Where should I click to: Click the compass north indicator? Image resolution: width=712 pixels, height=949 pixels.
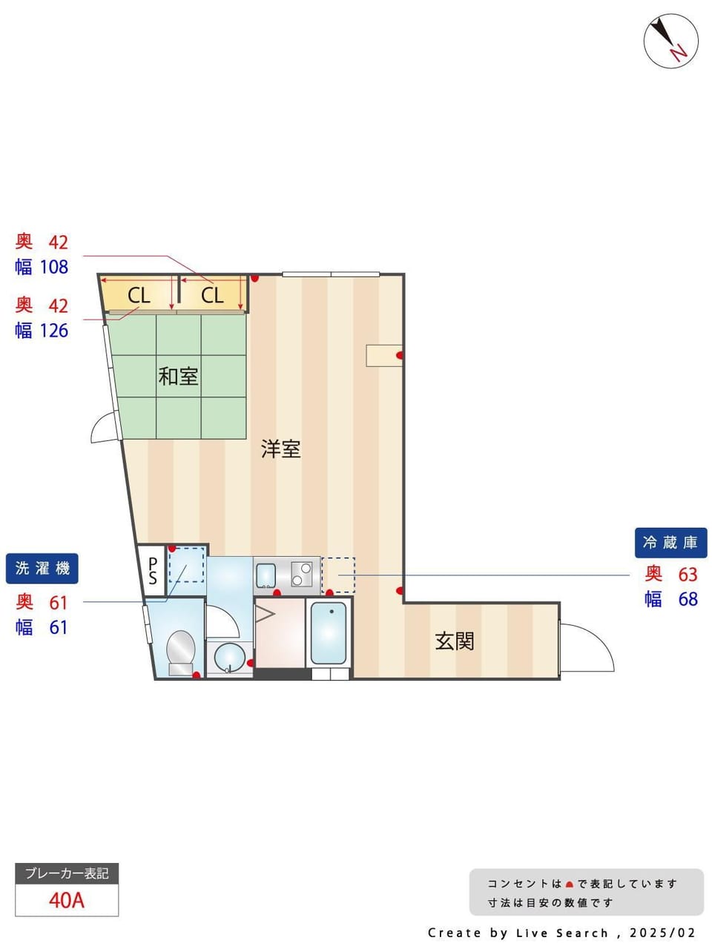[x=670, y=41]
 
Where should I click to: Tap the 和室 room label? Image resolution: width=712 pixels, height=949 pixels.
[x=178, y=376]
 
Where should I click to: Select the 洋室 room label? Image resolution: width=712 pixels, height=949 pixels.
[x=280, y=449]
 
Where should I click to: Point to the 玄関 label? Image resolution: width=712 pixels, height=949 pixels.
[x=455, y=641]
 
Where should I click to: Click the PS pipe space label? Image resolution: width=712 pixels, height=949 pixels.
[x=153, y=571]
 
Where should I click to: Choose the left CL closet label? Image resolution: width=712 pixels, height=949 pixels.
[x=139, y=296]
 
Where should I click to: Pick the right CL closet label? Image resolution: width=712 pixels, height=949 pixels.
[x=212, y=296]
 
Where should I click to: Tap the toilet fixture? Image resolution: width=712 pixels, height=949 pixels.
[x=181, y=652]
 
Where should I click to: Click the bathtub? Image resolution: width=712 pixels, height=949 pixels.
[x=329, y=633]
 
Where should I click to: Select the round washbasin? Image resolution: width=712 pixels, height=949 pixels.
[x=230, y=657]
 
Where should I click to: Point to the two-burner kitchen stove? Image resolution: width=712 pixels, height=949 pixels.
[x=301, y=574]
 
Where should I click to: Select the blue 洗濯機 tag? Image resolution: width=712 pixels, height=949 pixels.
[x=42, y=568]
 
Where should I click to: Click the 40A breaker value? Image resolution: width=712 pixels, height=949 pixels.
[x=67, y=901]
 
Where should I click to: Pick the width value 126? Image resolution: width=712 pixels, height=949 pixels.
[x=54, y=331]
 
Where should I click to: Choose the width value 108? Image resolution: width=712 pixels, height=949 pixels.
[x=54, y=267]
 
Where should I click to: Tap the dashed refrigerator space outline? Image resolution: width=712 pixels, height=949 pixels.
[x=338, y=575]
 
